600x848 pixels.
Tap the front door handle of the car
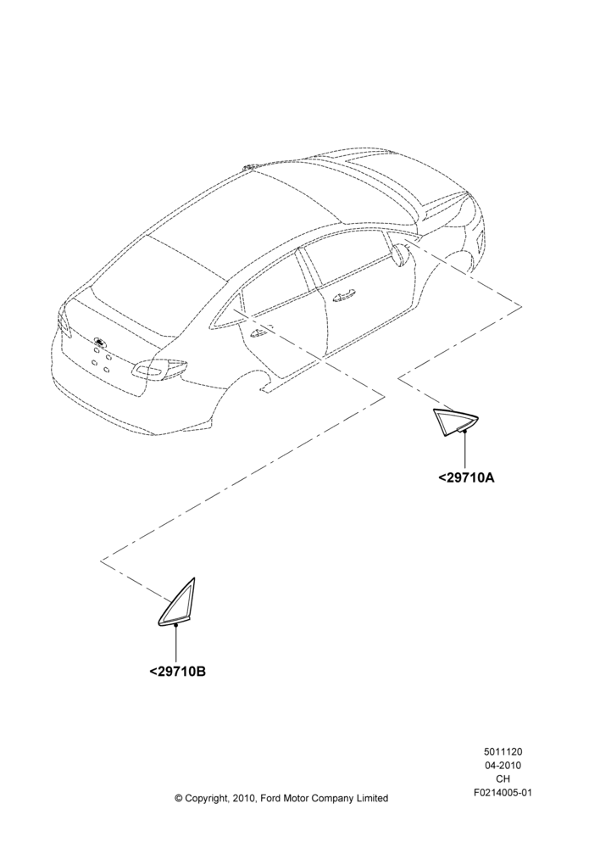coord(343,295)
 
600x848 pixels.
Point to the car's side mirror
coord(400,254)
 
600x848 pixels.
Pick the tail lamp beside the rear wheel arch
coord(160,368)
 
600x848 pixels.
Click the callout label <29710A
coord(466,478)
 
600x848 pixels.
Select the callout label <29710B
coord(177,672)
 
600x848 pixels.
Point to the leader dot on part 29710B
coord(177,625)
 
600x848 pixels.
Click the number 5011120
coord(503,751)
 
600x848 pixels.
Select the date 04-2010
coord(503,765)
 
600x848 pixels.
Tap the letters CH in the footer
coord(503,778)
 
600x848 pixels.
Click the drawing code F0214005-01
coord(503,793)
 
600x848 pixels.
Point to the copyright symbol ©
coord(179,798)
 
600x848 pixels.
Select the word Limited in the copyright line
coord(372,798)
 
